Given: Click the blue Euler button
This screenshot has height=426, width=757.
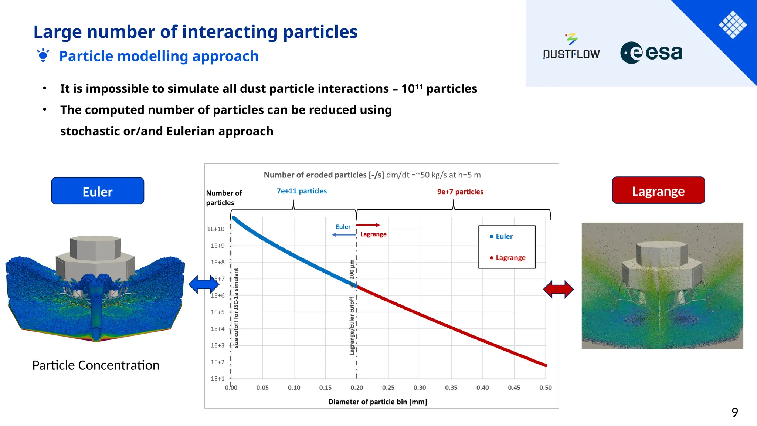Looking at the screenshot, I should point(98,191).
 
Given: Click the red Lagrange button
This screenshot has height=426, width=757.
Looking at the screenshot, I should point(658,190).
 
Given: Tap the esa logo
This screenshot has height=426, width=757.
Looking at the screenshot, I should point(651,53).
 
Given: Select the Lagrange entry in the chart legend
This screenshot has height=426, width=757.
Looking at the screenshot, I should point(510,258).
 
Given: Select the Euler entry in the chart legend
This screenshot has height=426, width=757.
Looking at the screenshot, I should point(504,236).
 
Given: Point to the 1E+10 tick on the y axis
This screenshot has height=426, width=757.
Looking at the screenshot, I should point(216,229).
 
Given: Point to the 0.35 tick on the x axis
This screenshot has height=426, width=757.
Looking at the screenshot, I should point(451,388).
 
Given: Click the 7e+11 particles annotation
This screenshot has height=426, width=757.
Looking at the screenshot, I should point(302,191).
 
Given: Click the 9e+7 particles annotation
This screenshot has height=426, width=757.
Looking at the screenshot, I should point(460,192).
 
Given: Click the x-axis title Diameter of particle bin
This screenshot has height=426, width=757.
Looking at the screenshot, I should point(377,402).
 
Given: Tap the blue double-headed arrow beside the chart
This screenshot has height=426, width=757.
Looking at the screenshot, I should point(204,284).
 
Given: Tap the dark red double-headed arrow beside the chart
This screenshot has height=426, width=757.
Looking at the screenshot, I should point(558,289).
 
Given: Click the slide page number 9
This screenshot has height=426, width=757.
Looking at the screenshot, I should point(734,412).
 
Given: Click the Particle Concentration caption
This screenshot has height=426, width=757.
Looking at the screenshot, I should point(96,365).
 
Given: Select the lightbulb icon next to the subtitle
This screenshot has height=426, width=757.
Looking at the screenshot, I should point(43,55).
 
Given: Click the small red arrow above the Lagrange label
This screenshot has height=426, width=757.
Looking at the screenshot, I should point(367,225).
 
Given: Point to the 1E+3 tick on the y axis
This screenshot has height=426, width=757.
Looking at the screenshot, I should point(217,345).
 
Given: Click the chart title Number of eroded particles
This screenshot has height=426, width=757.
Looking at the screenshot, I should point(323,175).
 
